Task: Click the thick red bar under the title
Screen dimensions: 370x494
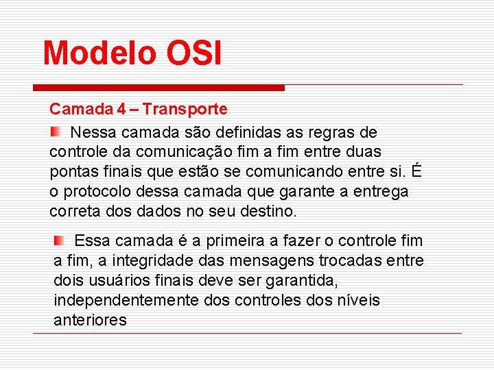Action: (158, 88)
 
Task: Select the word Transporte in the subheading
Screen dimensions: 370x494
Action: (186, 109)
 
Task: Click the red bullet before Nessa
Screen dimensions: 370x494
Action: (56, 131)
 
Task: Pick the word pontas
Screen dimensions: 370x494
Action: (72, 171)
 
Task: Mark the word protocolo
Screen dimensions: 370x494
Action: (96, 191)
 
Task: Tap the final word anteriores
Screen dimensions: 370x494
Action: (90, 321)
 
